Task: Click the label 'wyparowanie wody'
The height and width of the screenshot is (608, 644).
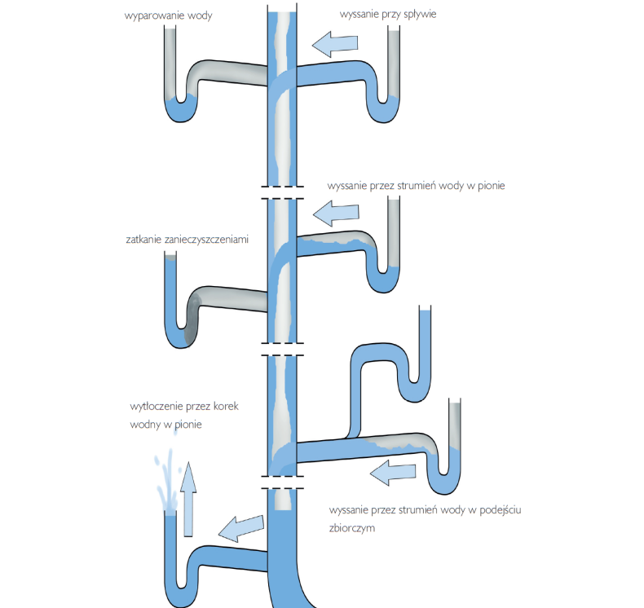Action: (169, 15)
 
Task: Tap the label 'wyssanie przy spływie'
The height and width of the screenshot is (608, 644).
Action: (382, 15)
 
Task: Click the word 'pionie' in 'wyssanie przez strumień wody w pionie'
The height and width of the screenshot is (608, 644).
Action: (489, 186)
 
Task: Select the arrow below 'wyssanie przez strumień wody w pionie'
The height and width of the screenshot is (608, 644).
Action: (335, 214)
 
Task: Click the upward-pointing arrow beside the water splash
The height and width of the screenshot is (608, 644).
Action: (188, 499)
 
